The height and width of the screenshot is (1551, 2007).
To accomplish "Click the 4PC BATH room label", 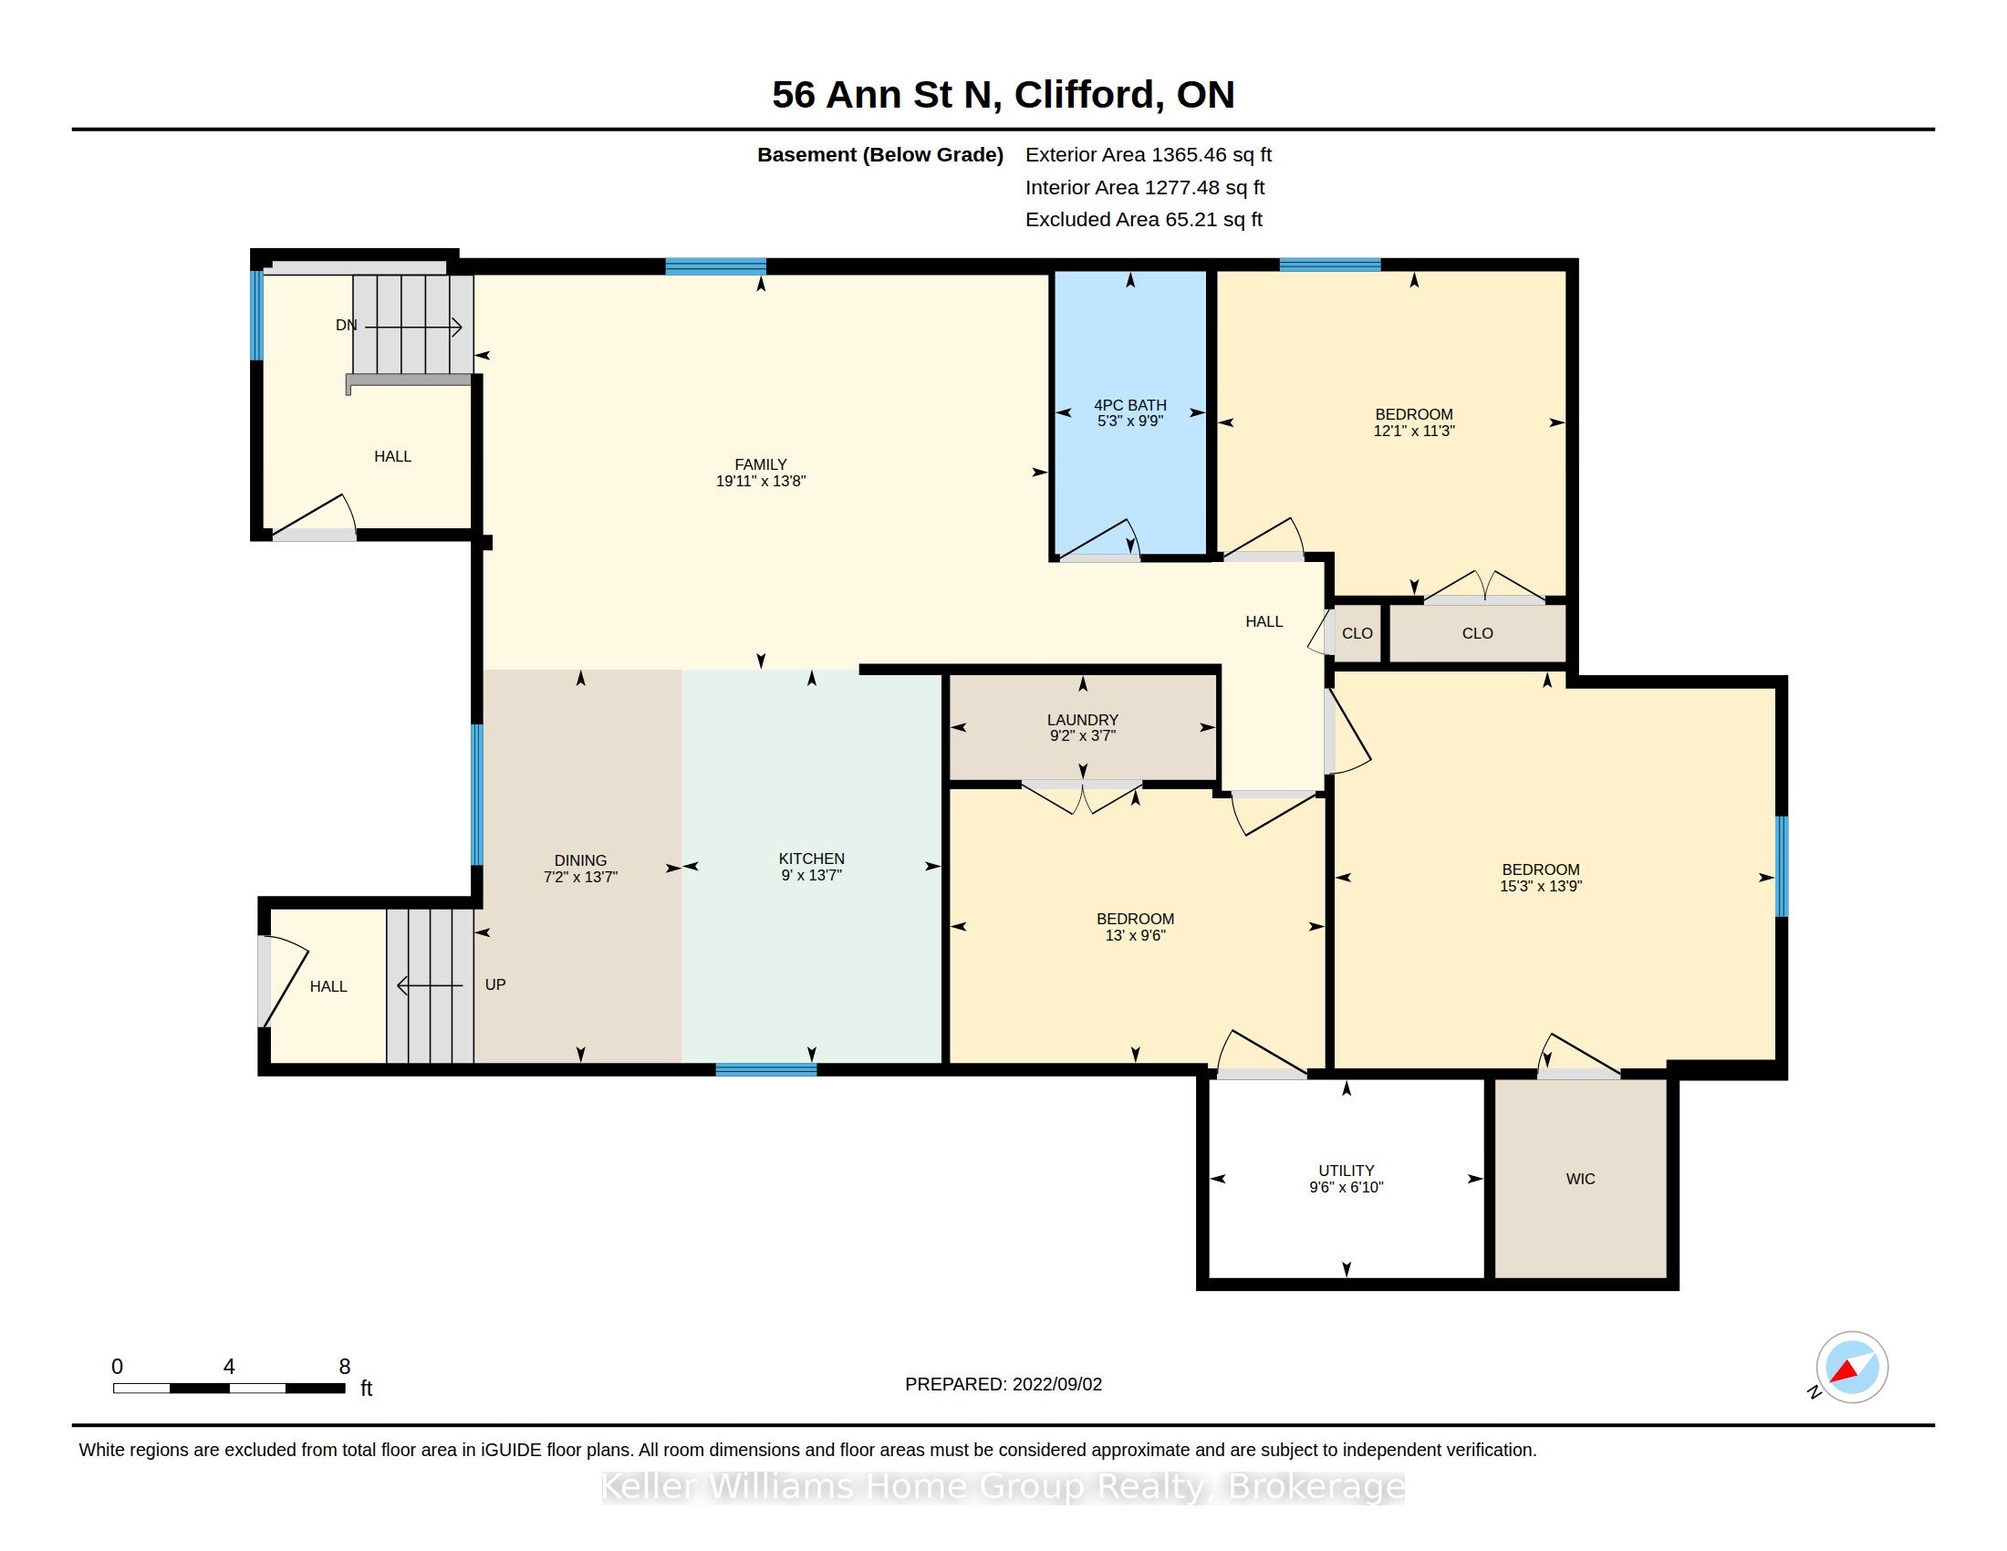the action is tap(1129, 405).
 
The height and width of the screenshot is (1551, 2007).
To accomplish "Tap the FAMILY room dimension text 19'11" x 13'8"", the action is tap(761, 481).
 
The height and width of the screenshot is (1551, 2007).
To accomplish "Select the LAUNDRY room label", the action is tap(1083, 720).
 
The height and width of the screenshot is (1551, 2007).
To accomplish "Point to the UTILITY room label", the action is tap(1347, 1171).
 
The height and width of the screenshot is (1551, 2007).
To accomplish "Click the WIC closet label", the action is tap(1581, 1179).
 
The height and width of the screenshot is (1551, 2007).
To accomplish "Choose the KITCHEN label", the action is tap(811, 859).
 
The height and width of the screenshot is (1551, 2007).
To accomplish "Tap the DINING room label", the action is tap(581, 861).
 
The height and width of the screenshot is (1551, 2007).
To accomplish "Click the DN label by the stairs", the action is tap(347, 326).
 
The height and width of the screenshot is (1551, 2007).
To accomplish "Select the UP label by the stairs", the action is tap(495, 984).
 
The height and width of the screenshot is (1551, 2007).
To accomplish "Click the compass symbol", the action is tap(1852, 1368).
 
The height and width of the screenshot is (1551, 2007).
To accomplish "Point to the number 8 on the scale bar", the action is tap(345, 1367).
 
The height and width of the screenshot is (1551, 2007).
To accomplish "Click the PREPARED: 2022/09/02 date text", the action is tap(1003, 1384).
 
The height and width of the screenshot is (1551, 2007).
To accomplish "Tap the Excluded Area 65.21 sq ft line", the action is tap(1144, 220).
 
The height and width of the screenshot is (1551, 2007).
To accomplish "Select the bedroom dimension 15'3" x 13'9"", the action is tap(1541, 886).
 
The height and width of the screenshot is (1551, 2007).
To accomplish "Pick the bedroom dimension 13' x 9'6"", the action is tap(1135, 935).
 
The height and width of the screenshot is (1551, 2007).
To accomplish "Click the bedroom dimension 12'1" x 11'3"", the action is tap(1414, 431).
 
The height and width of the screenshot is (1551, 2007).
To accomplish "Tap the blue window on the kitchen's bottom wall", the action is tap(766, 1068).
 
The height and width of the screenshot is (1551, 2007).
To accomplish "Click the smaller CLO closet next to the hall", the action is tap(1357, 633).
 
